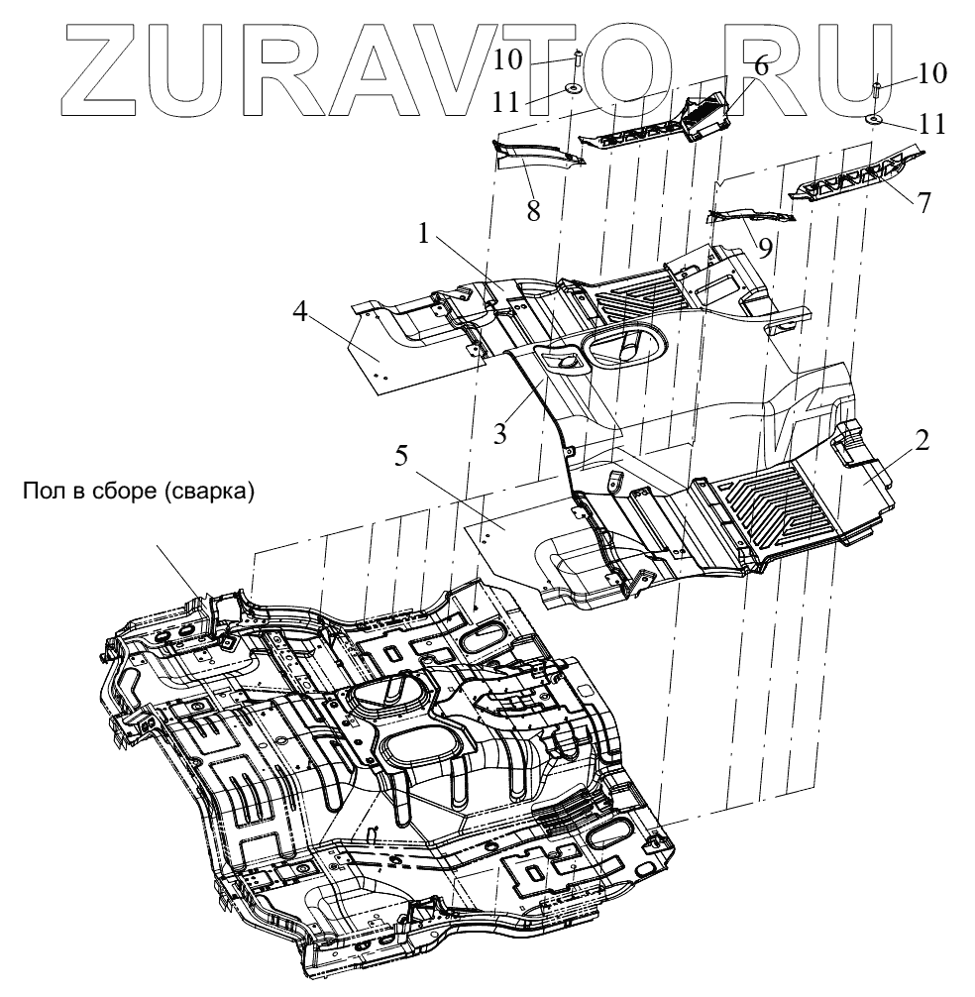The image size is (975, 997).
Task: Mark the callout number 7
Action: pos(923,202)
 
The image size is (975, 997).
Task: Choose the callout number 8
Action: pos(533,211)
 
